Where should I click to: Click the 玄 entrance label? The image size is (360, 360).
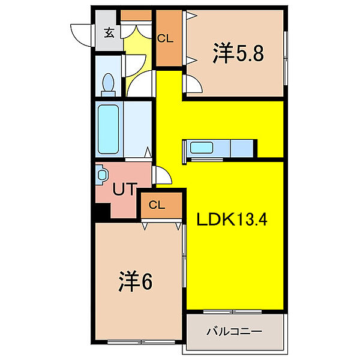(109, 34)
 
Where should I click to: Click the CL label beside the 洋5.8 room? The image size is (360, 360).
(166, 38)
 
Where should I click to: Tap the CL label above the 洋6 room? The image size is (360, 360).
(157, 205)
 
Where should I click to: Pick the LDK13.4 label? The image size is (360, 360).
(232, 220)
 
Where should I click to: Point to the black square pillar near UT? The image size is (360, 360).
(101, 211)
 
